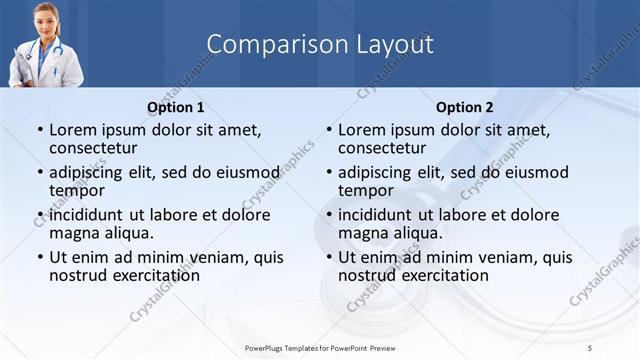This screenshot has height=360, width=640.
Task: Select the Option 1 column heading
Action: (x=176, y=107)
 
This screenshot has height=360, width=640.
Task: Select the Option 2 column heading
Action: (x=465, y=107)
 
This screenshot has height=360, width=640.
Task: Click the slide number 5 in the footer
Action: (x=590, y=347)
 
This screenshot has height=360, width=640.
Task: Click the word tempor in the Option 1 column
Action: (x=77, y=190)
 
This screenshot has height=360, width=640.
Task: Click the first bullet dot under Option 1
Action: (x=40, y=131)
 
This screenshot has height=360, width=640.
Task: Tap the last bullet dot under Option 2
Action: (x=329, y=258)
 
